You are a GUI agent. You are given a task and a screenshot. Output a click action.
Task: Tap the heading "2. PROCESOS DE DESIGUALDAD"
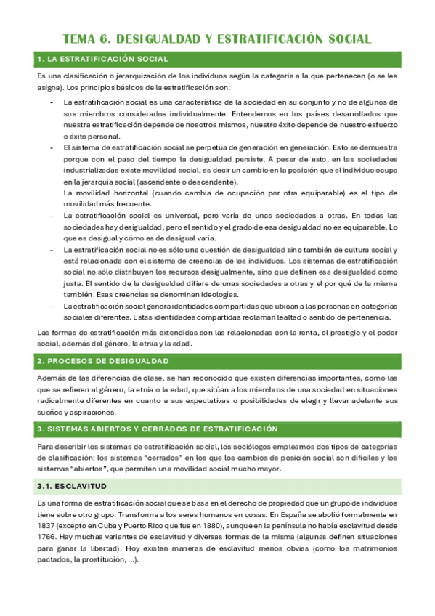pos(102,361)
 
